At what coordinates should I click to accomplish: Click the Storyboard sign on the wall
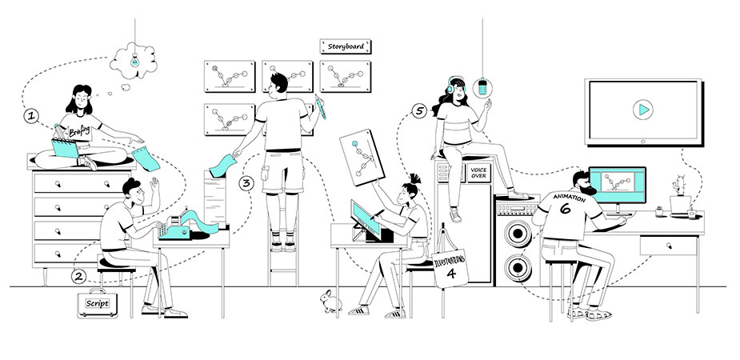pos(346,46)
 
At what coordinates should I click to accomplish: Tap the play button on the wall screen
pos(642,110)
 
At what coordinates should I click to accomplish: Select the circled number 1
pos(31,116)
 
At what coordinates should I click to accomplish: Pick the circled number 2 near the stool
pos(79,277)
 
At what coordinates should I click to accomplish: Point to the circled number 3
pos(246,183)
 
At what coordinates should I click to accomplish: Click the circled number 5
pos(418,111)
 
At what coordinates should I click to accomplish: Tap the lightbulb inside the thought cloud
pos(135,60)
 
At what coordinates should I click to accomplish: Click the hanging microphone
pos(482,88)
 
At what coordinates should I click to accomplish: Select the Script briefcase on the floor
pos(98,303)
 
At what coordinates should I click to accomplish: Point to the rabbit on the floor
pos(330,302)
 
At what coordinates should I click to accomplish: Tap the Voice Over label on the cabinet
pos(478,173)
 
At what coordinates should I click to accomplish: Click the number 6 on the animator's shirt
pos(566,208)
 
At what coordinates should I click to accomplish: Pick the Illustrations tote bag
pos(450,264)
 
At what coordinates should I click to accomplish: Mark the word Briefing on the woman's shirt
pos(79,130)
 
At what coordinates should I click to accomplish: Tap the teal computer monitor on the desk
pos(618,185)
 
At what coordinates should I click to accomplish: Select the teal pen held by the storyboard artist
pos(321,106)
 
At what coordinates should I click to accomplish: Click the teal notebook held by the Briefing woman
pos(65,148)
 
